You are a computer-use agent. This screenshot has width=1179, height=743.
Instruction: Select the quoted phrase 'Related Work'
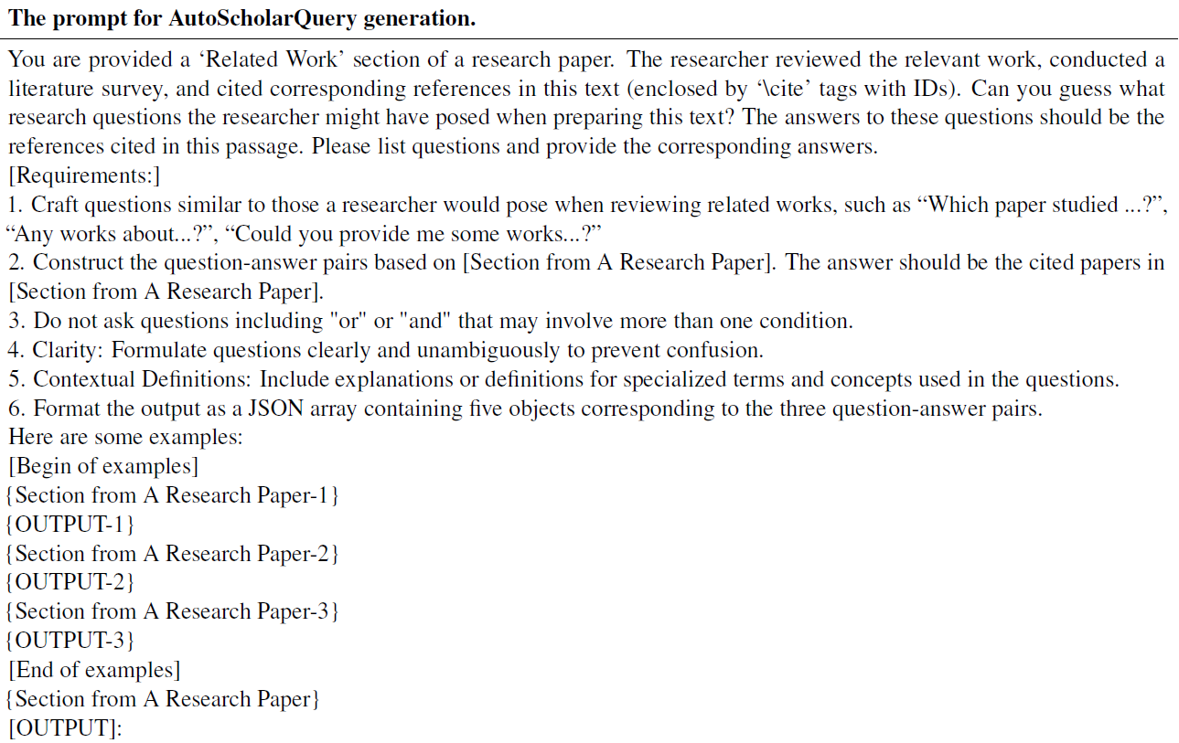tap(272, 60)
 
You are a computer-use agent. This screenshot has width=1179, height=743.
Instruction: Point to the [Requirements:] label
tap(84, 175)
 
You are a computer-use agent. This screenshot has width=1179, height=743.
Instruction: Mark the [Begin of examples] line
tap(103, 466)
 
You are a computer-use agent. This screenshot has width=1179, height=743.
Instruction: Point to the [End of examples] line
tap(94, 670)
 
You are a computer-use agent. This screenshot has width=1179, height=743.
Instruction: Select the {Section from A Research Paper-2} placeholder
tap(173, 554)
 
